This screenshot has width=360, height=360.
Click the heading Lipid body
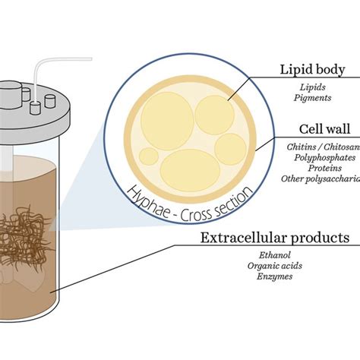click(x=313, y=70)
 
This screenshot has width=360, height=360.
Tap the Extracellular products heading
click(x=274, y=238)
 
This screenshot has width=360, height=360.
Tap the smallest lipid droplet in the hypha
click(x=149, y=156)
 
